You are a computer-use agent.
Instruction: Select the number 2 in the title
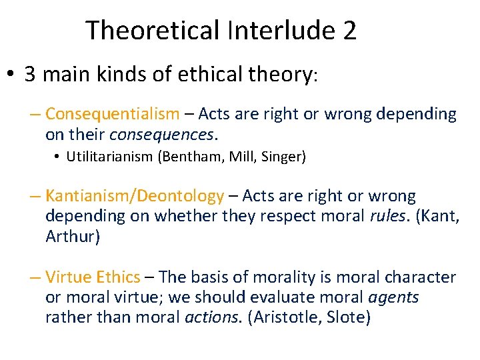349,31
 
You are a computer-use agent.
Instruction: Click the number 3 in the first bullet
30,74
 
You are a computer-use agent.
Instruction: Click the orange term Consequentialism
112,115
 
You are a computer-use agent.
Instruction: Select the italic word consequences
162,135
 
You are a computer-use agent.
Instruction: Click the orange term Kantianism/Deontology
135,196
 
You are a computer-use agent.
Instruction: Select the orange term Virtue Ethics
93,277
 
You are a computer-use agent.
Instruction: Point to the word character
424,277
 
